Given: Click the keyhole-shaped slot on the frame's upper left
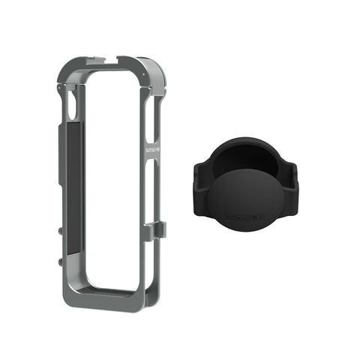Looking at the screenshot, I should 71,105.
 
